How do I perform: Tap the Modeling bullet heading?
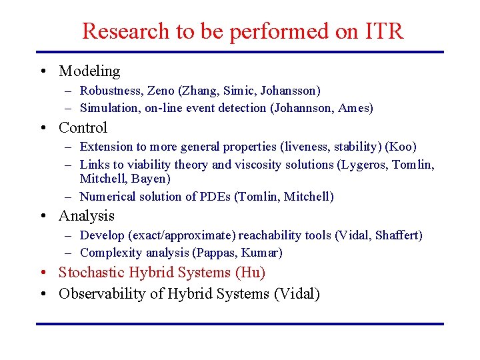pos(89,71)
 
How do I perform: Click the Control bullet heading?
pos(83,127)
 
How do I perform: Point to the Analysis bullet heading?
pos(87,215)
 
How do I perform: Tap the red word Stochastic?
pos(90,272)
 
